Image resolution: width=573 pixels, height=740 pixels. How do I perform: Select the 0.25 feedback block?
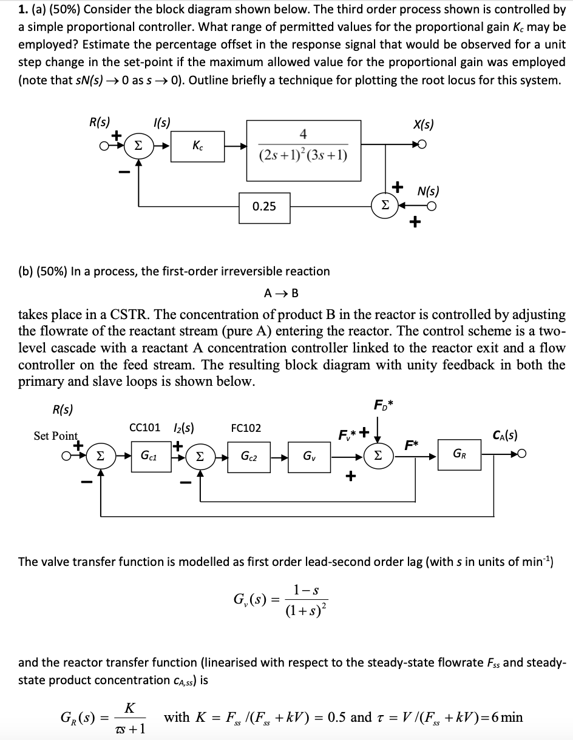[x=264, y=207]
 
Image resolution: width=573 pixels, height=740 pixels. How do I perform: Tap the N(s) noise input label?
[x=429, y=191]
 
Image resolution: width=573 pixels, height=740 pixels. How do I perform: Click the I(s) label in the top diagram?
[x=161, y=121]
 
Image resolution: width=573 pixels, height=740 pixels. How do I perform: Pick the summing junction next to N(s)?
[x=384, y=206]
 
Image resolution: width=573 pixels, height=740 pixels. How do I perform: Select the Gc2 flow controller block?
[x=248, y=455]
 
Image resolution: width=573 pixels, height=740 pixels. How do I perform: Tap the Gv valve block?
[x=308, y=455]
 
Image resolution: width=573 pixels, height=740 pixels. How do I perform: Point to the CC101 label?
[x=144, y=428]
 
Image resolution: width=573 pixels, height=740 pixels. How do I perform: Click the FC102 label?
[x=246, y=428]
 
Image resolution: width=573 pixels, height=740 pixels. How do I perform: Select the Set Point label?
[x=56, y=436]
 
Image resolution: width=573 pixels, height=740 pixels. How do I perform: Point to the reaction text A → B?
[x=281, y=293]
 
